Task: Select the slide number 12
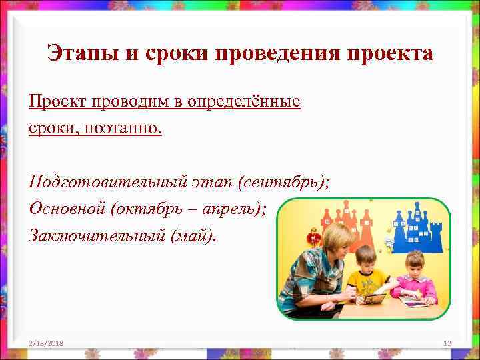tap(447, 343)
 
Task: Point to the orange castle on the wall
tap(347, 220)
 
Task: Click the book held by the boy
tap(374, 297)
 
